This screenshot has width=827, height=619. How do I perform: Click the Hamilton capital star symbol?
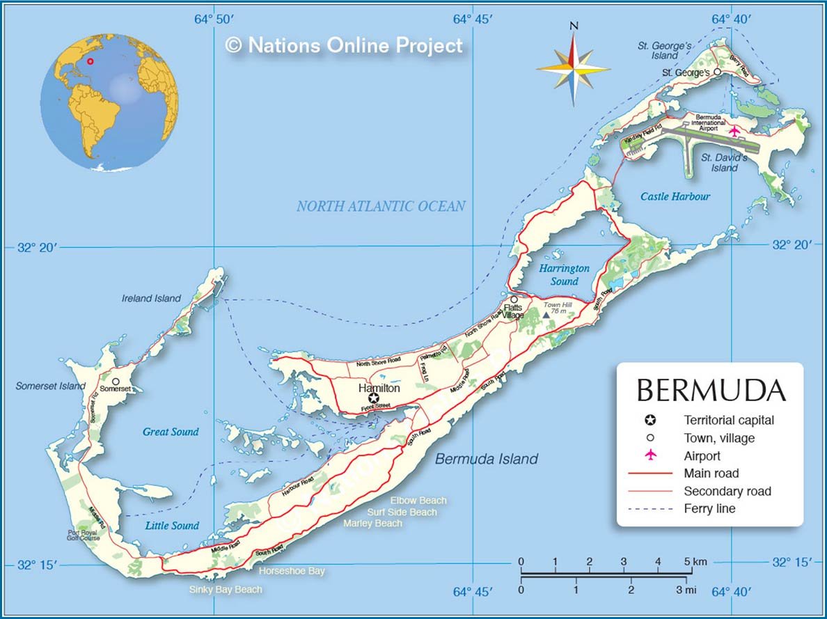coord(374,398)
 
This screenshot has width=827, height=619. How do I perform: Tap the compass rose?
coord(574,68)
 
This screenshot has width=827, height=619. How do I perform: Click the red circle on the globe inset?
coord(90,61)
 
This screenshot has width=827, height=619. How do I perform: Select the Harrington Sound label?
coord(564,275)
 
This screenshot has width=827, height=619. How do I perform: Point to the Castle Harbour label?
coord(675,196)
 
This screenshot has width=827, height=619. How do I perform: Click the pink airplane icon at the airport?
coord(734,130)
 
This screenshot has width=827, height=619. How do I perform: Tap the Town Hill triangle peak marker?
coord(546,315)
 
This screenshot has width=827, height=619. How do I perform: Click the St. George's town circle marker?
coord(718,72)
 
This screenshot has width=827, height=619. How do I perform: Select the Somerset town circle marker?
coord(116,382)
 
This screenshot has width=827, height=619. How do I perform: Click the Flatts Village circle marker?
coord(514,299)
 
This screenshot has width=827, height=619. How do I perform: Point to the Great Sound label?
coord(171,432)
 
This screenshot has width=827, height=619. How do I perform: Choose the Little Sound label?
coord(172,526)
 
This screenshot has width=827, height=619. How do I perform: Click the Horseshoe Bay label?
coord(292,571)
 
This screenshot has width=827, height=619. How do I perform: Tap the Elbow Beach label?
coord(418,501)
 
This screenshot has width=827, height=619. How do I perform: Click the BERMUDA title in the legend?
coord(711,390)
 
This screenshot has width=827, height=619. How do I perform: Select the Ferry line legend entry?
coord(709,509)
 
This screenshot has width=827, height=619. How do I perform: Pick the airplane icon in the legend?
coord(650,455)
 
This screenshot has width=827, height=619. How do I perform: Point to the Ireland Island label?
coord(151,298)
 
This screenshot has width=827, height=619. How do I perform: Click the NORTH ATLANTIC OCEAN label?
coord(381,206)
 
